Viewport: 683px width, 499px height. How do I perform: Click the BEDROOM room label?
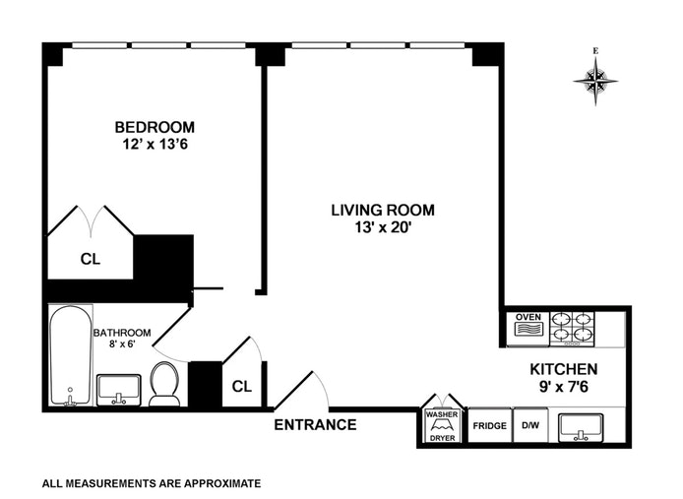tap(155, 127)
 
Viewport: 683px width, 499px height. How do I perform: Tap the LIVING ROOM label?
tap(383, 210)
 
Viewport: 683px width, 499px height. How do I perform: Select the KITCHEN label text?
tap(564, 369)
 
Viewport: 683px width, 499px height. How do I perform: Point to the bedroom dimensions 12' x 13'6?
tap(155, 144)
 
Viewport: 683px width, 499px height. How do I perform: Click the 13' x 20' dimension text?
tap(383, 227)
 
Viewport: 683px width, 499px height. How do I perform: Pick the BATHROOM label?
tap(122, 333)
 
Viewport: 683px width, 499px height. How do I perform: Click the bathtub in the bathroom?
tap(71, 355)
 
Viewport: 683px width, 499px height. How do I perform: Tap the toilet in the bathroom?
tap(164, 384)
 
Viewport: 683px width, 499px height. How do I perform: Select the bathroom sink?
tap(118, 390)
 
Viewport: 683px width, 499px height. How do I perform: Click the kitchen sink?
tap(581, 426)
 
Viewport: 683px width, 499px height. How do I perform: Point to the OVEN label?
tap(528, 317)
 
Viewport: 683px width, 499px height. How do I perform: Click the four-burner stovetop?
tap(572, 328)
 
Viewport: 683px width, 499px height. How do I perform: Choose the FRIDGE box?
tap(489, 425)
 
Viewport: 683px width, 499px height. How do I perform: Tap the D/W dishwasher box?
tap(530, 425)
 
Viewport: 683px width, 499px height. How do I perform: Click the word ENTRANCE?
tap(315, 424)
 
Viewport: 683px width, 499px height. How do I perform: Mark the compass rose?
tap(595, 80)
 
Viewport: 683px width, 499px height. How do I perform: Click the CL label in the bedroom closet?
tap(91, 259)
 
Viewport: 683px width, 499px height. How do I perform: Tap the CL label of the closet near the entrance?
tap(242, 386)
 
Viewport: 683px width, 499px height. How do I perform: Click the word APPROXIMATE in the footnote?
tap(222, 483)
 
